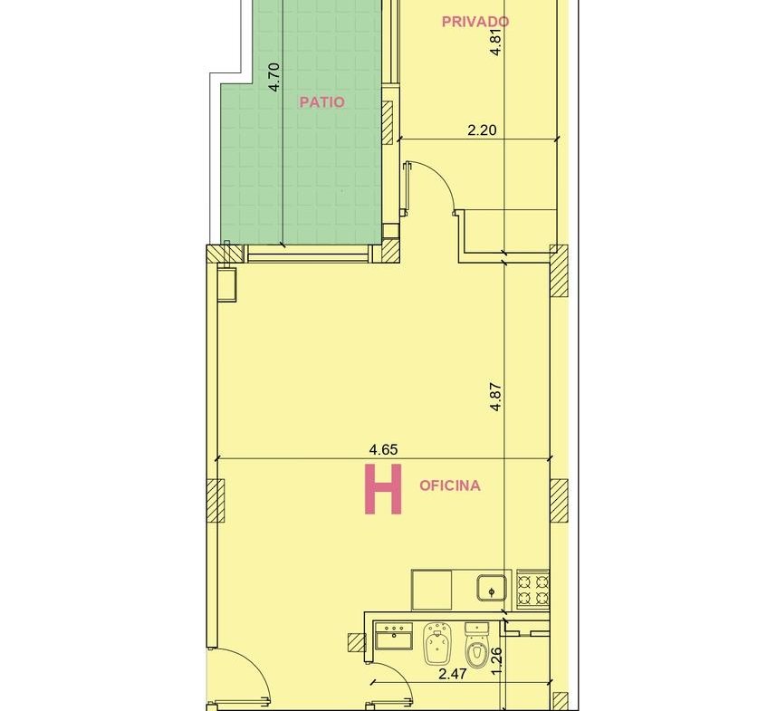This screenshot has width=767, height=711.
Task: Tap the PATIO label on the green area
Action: click(321, 102)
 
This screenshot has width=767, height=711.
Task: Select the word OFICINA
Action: click(450, 485)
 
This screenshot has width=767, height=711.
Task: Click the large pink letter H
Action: click(384, 489)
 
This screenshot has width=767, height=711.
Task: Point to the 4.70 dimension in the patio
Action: click(274, 77)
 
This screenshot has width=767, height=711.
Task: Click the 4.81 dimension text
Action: click(495, 43)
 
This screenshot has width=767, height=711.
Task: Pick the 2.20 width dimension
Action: click(482, 130)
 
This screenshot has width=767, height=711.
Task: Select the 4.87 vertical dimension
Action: click(495, 397)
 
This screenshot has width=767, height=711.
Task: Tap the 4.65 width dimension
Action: click(384, 449)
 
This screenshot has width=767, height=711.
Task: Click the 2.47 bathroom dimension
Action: click(453, 674)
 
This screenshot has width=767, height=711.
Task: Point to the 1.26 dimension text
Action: click(496, 660)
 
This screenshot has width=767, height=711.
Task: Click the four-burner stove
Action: click(532, 589)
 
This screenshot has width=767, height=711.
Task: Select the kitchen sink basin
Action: click(492, 588)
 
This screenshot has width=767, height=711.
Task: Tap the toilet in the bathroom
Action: click(476, 645)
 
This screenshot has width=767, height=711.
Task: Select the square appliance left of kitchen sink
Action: click(431, 590)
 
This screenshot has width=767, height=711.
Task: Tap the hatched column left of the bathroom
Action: click(357, 642)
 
